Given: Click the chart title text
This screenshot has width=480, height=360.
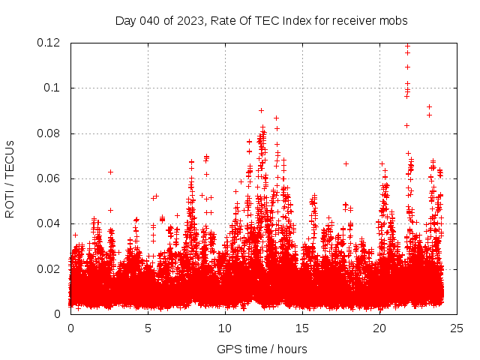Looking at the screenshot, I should [x=261, y=21].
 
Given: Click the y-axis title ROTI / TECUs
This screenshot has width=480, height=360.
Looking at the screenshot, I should [x=10, y=178].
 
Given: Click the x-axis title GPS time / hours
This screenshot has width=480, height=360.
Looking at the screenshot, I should [x=262, y=349].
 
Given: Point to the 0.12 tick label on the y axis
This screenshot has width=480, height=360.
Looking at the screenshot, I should [x=49, y=43].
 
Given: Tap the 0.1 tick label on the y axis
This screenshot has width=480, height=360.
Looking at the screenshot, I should [x=54, y=88].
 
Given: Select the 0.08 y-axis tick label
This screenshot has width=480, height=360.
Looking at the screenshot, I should [x=49, y=133].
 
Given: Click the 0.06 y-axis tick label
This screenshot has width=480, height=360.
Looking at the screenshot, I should [x=49, y=178].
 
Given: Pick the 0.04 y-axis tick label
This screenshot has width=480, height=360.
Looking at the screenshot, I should [x=49, y=223].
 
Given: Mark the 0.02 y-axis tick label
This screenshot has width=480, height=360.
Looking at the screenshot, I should [x=49, y=268].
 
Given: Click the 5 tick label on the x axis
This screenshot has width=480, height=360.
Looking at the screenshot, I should [x=148, y=328].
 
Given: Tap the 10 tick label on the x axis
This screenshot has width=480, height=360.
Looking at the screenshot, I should [x=225, y=328].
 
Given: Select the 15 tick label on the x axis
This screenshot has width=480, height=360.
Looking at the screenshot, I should [x=302, y=328].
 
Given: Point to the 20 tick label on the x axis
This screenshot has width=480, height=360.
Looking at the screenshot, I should [x=379, y=328].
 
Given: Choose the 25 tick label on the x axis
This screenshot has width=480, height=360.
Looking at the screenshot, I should [x=457, y=328].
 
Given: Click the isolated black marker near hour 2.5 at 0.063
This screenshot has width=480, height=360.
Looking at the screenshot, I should [x=110, y=172].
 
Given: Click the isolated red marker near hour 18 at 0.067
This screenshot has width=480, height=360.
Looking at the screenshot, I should [x=346, y=163].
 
